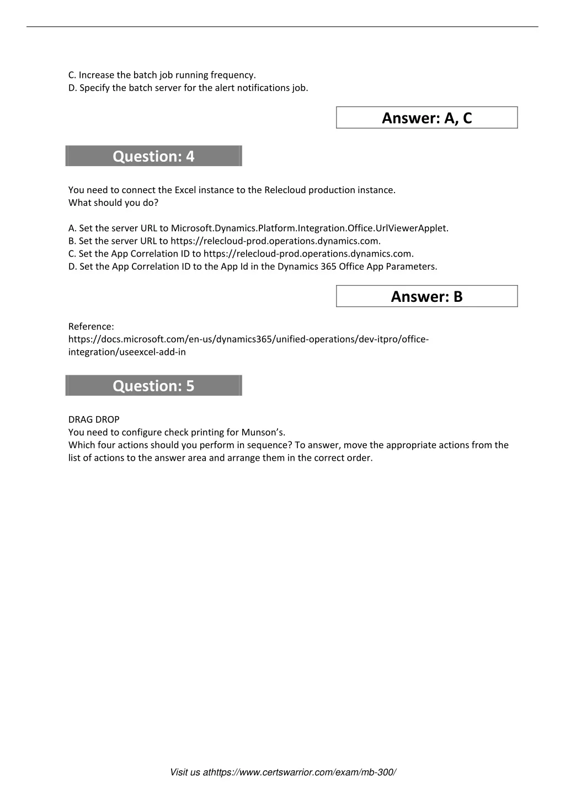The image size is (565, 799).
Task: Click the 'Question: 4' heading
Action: click(x=153, y=157)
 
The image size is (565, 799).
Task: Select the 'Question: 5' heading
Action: click(x=153, y=386)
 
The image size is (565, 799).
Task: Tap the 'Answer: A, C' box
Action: click(x=427, y=118)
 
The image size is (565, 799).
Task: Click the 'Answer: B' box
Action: click(x=427, y=297)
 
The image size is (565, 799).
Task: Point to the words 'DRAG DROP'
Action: click(x=94, y=419)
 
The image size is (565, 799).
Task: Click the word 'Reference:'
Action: click(x=91, y=326)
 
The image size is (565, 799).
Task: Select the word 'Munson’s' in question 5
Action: click(x=263, y=432)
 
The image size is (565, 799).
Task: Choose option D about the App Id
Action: click(x=253, y=267)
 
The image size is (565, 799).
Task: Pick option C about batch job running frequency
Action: click(x=162, y=75)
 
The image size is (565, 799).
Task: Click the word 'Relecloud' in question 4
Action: click(x=285, y=190)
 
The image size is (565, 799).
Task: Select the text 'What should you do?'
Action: click(x=113, y=203)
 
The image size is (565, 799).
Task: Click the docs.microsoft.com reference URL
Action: click(x=248, y=339)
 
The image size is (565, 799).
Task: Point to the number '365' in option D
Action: click(x=328, y=267)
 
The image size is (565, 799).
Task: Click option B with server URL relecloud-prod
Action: click(x=225, y=241)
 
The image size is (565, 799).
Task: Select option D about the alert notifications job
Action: click(x=188, y=88)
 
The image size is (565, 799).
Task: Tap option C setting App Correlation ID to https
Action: click(x=241, y=254)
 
